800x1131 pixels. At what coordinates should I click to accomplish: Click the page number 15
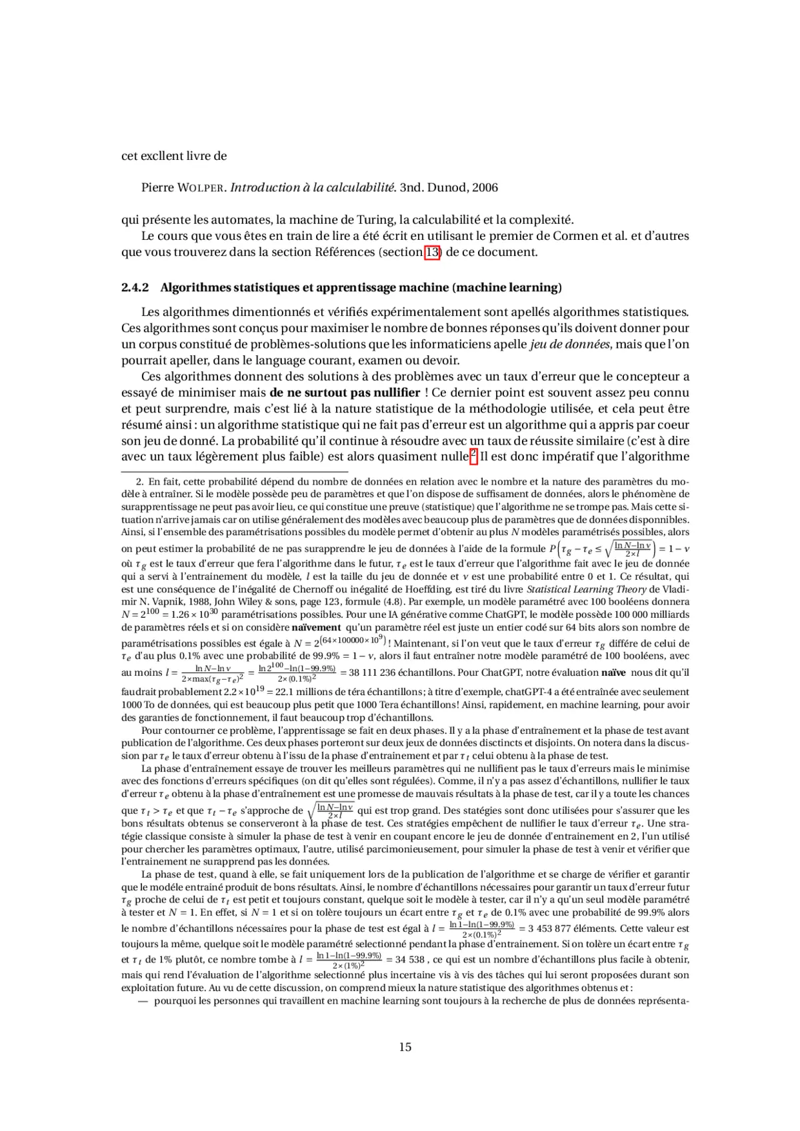tap(405, 1047)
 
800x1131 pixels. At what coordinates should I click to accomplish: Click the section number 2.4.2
tap(135, 288)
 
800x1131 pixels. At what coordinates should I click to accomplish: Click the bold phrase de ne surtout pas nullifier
tap(345, 393)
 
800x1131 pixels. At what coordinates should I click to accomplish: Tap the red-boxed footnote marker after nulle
tap(473, 456)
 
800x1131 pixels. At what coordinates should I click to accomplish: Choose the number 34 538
tap(411, 960)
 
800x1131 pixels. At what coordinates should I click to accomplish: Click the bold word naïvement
tap(317, 627)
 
